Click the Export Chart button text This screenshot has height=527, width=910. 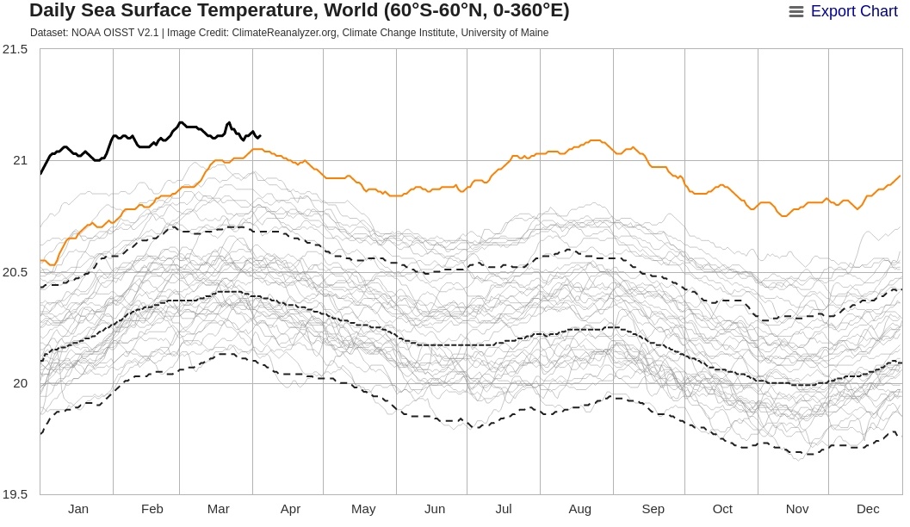click(x=854, y=11)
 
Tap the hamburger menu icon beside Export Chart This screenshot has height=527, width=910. click(x=796, y=12)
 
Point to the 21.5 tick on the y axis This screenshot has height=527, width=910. click(x=15, y=49)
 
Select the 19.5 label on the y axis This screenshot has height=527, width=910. click(x=15, y=495)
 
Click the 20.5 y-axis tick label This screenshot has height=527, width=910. click(x=15, y=272)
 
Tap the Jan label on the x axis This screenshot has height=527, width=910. click(x=78, y=509)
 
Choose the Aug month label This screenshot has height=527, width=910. click(x=579, y=509)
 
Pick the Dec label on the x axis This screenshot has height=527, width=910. click(x=867, y=509)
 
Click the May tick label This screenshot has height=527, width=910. click(x=363, y=509)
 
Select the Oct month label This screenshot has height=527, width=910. click(x=722, y=509)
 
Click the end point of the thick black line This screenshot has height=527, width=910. click(x=260, y=136)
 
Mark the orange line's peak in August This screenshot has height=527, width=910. click(x=594, y=139)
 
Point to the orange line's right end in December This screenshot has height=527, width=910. click(x=900, y=177)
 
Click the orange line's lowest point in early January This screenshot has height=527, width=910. click(x=51, y=265)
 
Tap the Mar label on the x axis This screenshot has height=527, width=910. click(x=219, y=509)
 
